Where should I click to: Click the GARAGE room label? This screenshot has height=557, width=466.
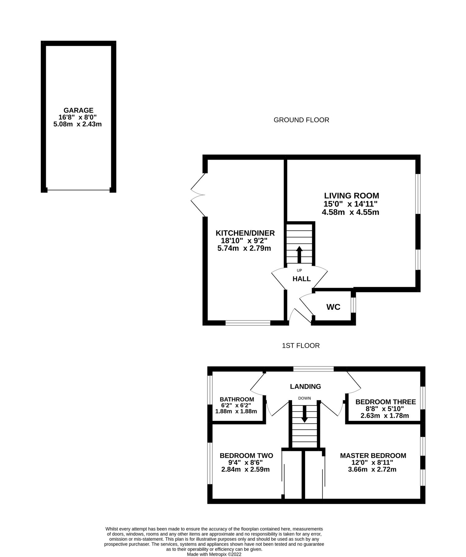click(x=78, y=110)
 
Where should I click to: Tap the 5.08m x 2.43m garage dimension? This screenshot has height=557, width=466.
click(x=78, y=124)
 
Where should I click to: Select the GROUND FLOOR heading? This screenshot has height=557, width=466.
click(x=301, y=120)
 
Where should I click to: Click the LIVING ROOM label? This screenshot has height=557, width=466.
click(x=352, y=196)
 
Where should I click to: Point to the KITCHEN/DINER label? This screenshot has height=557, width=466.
click(x=245, y=233)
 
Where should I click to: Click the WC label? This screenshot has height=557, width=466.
click(x=333, y=307)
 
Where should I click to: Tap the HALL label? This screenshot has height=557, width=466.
click(x=301, y=279)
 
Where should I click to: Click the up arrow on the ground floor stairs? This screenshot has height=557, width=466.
click(x=299, y=254)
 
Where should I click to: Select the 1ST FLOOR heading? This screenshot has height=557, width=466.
click(x=301, y=346)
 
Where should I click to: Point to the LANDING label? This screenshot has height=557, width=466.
click(x=305, y=386)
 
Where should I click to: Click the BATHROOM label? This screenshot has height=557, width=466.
click(x=237, y=399)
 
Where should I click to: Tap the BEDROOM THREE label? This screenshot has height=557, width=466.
click(x=386, y=402)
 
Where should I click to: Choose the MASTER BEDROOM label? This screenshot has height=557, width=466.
click(x=373, y=456)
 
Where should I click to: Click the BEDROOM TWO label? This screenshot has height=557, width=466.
click(x=246, y=456)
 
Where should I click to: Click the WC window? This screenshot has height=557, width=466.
click(x=353, y=305)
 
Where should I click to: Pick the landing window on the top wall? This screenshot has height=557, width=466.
click(x=313, y=369)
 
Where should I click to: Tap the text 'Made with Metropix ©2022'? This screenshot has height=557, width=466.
click(x=214, y=555)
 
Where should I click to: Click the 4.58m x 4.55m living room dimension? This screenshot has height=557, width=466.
click(x=350, y=212)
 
